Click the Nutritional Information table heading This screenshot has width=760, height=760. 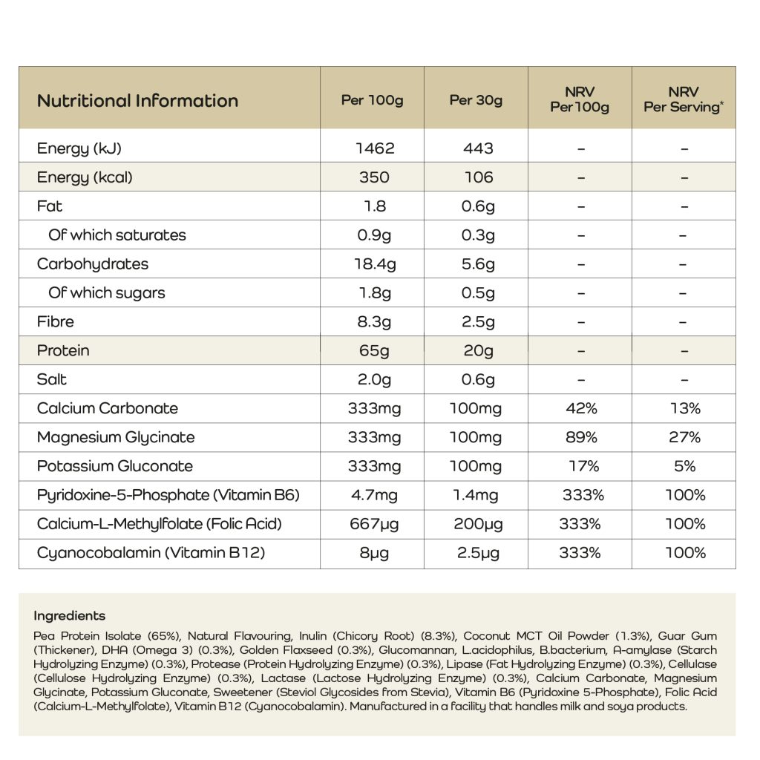point(137,101)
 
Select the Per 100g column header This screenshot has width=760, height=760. point(372,100)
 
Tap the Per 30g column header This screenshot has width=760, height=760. point(476,100)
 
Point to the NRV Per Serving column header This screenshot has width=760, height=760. point(684,99)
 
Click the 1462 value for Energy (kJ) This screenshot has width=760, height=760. point(375,148)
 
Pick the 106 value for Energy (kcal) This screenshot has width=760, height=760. point(479,177)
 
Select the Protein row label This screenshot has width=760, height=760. point(63,350)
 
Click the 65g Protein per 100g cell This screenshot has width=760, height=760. point(375,350)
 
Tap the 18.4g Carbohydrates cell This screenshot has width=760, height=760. point(375,264)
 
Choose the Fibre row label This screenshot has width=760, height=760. point(56,321)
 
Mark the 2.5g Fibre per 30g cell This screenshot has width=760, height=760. point(479,321)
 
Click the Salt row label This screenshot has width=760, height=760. point(52,379)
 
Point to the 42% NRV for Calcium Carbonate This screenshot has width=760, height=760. point(581,408)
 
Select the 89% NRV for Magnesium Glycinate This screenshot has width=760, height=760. point(581,437)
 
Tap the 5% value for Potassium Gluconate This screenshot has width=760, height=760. point(685,466)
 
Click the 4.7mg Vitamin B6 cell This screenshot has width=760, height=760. point(375,495)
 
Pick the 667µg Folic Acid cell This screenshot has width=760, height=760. point(375,524)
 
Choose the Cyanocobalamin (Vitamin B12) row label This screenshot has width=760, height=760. point(151,553)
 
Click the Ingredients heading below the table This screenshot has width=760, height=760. point(70,616)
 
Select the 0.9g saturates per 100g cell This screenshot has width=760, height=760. point(375,235)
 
